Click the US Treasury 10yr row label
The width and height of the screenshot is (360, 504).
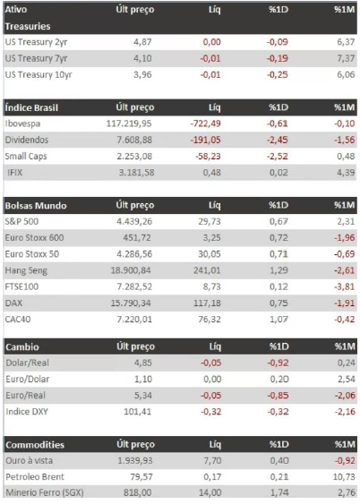tap(39, 75)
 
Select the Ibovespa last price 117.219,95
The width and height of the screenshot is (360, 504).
tap(129, 124)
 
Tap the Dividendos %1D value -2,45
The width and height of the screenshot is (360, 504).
tap(278, 141)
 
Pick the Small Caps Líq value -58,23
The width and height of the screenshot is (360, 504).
tap(208, 157)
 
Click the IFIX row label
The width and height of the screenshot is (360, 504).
tap(15, 173)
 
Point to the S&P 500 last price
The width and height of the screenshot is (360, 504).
tap(134, 221)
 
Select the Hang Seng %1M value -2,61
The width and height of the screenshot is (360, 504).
tap(344, 270)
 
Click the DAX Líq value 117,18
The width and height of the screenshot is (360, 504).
tap(207, 303)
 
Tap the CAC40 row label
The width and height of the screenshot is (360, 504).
tap(18, 320)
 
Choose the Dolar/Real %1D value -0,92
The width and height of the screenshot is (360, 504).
tap(278, 363)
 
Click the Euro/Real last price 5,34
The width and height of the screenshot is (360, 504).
tap(143, 396)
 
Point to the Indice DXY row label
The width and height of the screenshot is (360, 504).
tap(27, 412)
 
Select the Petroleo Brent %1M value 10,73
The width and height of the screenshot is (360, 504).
tap(344, 476)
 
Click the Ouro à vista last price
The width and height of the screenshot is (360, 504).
tap(135, 461)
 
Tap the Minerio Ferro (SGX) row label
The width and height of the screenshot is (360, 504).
tap(45, 492)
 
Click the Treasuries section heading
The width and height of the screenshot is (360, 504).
tap(28, 26)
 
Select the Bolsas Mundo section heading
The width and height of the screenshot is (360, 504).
tap(36, 206)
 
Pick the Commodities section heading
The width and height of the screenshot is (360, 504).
tap(35, 445)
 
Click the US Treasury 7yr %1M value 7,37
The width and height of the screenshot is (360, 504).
tap(346, 58)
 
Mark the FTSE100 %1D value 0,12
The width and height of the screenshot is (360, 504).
tap(279, 286)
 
